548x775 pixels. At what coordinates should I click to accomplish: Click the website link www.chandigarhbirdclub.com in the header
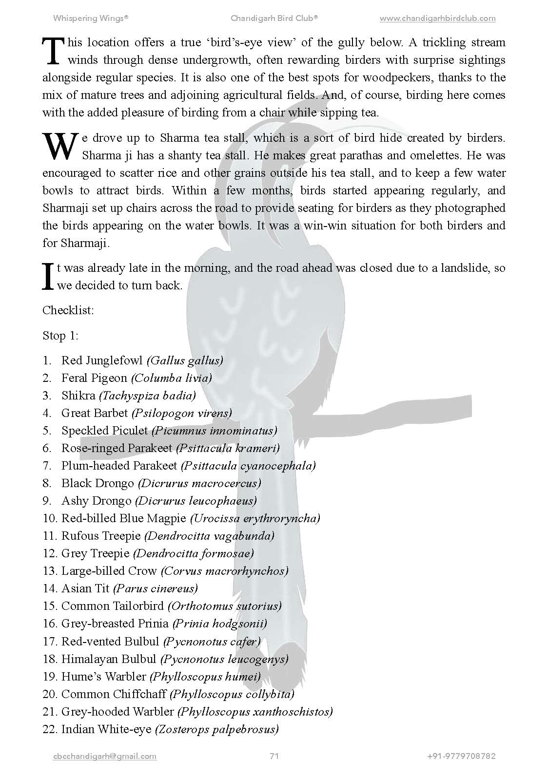437,19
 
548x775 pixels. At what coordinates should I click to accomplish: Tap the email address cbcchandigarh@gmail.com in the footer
104,756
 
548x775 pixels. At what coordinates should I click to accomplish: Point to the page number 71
274,756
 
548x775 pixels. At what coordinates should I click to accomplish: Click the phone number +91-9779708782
461,756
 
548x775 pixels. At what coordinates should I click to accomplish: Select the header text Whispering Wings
90,19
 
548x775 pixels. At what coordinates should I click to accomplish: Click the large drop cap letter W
60,147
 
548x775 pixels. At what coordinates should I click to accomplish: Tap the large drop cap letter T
53,51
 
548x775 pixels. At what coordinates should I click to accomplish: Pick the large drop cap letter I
48,277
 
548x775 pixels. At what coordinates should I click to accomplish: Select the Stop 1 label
60,336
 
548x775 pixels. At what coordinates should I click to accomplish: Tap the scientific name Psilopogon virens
182,413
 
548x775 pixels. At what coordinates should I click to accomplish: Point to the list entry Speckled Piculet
104,431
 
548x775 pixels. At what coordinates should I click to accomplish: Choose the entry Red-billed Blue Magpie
123,518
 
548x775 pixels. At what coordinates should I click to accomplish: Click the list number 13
50,571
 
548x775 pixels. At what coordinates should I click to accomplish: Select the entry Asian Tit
85,588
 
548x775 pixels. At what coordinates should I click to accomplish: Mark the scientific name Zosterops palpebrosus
217,729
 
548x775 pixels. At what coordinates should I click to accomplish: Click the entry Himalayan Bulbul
109,659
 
